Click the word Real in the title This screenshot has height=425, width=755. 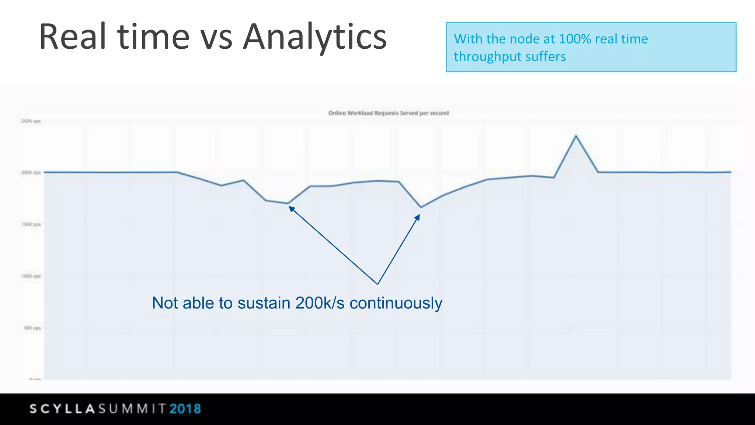pos(73,37)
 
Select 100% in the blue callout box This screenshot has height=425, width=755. pos(575,39)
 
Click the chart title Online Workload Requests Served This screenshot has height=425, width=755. pos(389,113)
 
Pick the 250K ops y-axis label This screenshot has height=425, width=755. pos(31,121)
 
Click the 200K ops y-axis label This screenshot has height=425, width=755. pos(31,172)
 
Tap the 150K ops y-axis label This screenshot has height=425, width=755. pos(31,224)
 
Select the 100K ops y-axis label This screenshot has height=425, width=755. pos(31,276)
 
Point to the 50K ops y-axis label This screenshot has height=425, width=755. pos(32,328)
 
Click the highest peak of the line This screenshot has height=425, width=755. pos(576,136)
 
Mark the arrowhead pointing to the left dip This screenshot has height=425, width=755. pos(291,209)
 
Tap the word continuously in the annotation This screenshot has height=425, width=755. pos(396,303)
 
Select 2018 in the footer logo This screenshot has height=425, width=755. pos(185,409)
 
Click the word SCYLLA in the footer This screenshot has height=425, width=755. pos(62,409)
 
